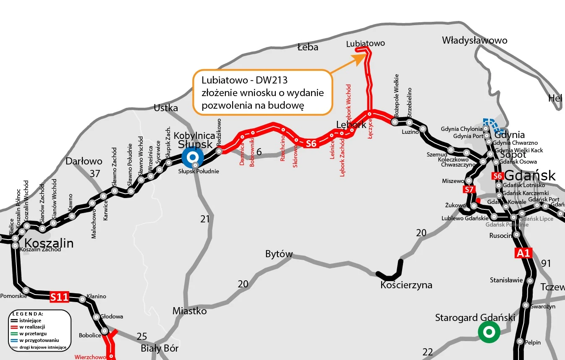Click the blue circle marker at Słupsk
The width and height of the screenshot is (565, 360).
193,158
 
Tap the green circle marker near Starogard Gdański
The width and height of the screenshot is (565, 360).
489,332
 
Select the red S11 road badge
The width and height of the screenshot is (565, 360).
59,297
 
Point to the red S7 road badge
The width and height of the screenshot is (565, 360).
469,190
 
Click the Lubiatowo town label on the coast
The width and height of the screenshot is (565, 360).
365,43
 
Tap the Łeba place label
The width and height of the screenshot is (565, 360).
308,47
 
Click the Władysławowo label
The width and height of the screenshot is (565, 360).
474,40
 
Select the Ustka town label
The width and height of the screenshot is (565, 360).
166,108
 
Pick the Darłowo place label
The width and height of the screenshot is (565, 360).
84,161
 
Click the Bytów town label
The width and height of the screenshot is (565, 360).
279,254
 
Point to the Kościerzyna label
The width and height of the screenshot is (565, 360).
406,285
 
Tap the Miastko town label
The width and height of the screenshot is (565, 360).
190,311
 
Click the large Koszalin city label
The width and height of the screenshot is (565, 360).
49,243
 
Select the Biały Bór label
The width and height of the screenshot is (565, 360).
160,348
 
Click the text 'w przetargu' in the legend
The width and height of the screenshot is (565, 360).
33,334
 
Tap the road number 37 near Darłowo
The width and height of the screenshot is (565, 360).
95,173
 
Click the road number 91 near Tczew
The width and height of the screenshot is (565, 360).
546,263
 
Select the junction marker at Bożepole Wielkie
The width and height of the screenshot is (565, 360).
395,122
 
